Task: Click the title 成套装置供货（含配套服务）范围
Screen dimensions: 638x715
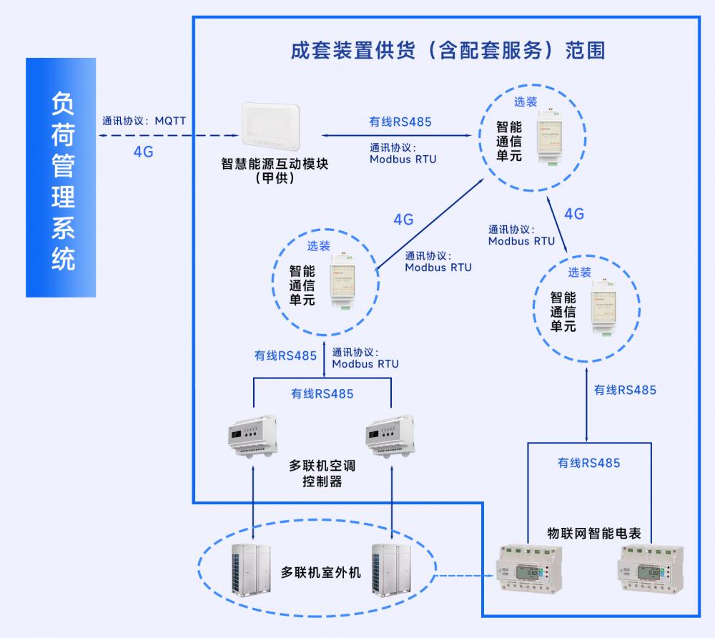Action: (x=448, y=50)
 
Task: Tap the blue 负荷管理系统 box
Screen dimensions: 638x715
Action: (x=61, y=177)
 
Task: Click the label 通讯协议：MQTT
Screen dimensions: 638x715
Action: (x=144, y=120)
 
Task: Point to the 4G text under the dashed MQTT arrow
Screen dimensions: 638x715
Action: (x=143, y=152)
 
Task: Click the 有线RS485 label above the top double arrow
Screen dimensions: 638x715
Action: (x=400, y=122)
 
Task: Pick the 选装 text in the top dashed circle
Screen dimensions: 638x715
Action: (x=526, y=102)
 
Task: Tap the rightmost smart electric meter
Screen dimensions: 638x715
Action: (x=651, y=570)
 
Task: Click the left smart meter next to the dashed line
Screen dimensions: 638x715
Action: (x=529, y=570)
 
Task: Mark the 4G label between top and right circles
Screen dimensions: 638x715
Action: (x=573, y=214)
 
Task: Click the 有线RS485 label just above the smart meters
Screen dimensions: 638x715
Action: (x=588, y=463)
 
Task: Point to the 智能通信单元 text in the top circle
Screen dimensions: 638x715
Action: (x=509, y=141)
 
